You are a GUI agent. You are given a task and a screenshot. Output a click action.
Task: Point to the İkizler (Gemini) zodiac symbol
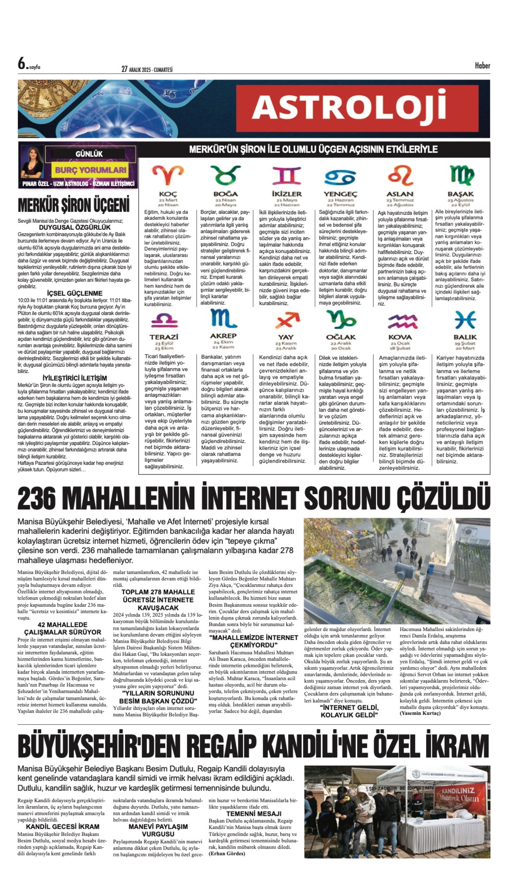tap(287, 175)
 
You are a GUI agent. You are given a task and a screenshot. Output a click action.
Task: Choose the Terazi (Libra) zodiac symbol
tap(164, 320)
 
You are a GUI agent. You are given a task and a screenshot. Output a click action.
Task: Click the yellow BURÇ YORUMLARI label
tap(90, 170)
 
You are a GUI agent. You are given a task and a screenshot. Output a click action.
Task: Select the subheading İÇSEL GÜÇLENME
tap(75, 293)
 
